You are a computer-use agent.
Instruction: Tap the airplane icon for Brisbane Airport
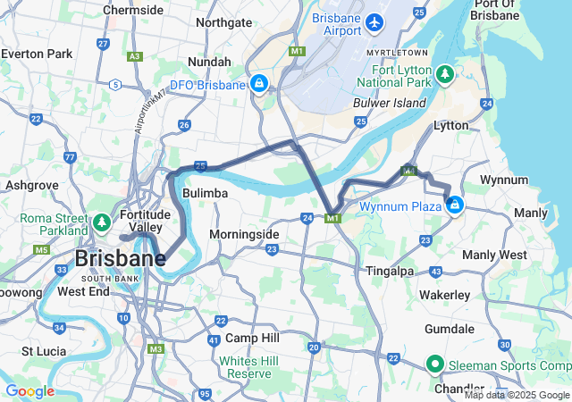374,20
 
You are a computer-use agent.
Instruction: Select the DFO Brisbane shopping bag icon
258,85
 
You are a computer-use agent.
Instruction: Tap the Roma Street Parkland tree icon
102,221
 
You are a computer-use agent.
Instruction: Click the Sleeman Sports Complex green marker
435,364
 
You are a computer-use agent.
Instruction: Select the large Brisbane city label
120,259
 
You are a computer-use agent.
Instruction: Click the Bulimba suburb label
205,193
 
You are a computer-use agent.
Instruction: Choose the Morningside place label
244,234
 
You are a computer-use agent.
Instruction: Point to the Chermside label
133,10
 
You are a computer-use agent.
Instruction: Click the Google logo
29,391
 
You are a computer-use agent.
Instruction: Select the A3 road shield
135,56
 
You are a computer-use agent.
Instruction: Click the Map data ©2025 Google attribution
517,395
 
